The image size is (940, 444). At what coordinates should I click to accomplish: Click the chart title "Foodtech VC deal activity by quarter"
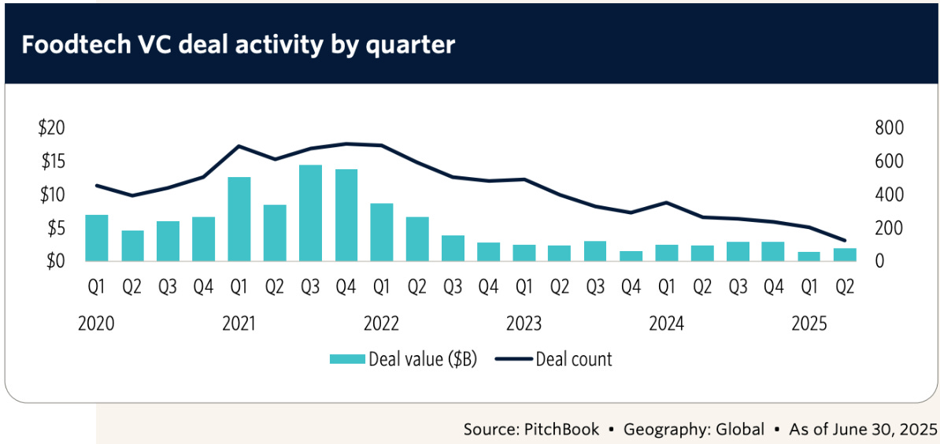[x=238, y=45]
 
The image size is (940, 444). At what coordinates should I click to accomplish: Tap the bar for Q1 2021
[x=239, y=219]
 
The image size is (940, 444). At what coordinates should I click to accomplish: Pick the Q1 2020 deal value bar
[x=97, y=238]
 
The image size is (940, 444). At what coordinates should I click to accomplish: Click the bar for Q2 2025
[x=846, y=254]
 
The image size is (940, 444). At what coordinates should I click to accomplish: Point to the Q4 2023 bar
[x=631, y=256]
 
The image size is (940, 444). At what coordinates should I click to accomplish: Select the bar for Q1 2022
[x=382, y=232]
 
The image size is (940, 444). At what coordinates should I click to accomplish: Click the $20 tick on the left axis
[x=52, y=128]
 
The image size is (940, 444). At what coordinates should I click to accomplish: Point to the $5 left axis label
[x=56, y=228]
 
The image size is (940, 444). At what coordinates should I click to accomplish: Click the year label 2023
[x=524, y=324]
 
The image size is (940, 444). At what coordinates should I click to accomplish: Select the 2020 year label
[x=97, y=324]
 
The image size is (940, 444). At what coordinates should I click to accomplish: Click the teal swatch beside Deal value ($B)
[x=347, y=359]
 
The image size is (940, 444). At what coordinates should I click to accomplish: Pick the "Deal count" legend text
[x=573, y=359]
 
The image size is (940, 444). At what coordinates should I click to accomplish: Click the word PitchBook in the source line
[x=558, y=429]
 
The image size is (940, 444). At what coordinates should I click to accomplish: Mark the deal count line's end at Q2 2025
[x=846, y=240]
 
